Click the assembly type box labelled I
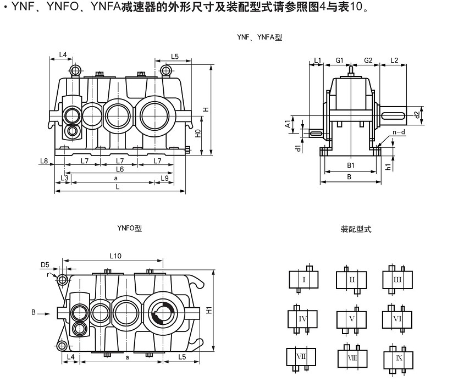[303, 280]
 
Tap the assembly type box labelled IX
[397, 358]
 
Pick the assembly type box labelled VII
[301, 357]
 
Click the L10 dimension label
[115, 255]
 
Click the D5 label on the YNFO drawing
[45, 264]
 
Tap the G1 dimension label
[339, 60]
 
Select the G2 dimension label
[368, 60]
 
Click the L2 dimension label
[394, 60]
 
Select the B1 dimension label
[350, 165]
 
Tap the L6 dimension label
[119, 169]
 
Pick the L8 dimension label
[44, 161]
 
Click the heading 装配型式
[356, 229]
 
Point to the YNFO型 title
[129, 228]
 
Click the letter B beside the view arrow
[34, 313]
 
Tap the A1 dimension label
[287, 124]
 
